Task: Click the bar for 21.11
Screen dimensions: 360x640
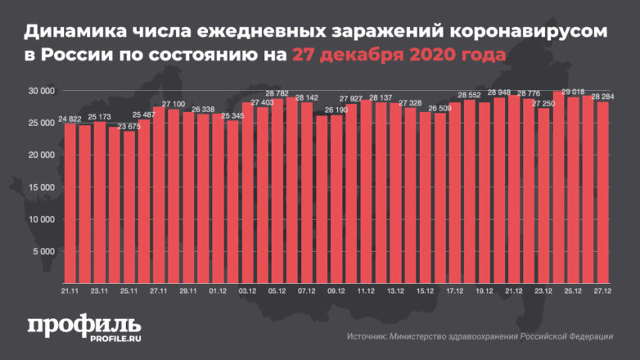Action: (70, 205)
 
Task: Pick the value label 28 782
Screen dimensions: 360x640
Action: (276, 94)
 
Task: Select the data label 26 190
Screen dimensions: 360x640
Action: (335, 110)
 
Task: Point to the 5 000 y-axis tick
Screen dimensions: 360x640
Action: (42, 251)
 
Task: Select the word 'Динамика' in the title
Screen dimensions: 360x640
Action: (74, 31)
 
